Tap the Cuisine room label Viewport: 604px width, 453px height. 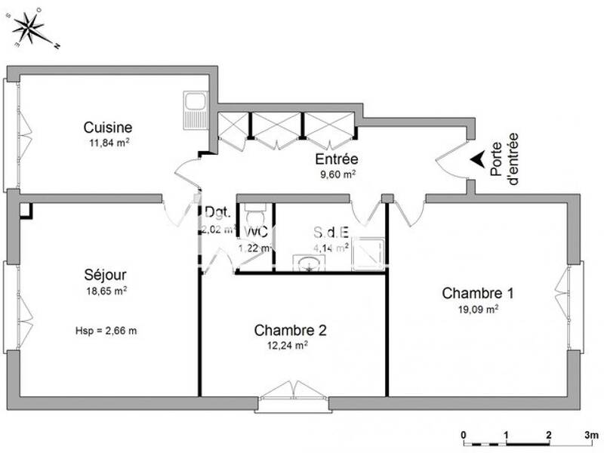click(x=108, y=128)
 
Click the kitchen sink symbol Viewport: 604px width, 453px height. click(x=196, y=110)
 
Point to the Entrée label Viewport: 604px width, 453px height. click(x=336, y=159)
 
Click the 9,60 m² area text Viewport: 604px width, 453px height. click(x=336, y=173)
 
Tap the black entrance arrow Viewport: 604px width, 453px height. click(x=477, y=159)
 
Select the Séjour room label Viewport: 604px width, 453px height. click(x=104, y=275)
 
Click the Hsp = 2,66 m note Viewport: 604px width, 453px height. click(x=106, y=330)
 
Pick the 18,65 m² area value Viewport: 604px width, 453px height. click(x=106, y=290)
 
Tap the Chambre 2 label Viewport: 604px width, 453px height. click(x=290, y=330)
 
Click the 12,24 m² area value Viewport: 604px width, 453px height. click(x=290, y=345)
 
